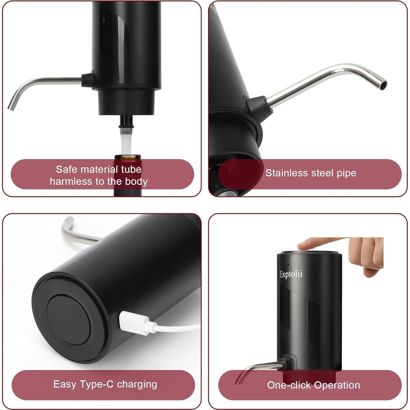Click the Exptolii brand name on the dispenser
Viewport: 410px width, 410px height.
click(291, 274)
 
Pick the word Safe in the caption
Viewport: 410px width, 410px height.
click(65, 169)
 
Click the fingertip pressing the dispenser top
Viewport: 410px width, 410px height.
click(302, 244)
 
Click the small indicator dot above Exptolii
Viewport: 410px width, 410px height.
click(288, 264)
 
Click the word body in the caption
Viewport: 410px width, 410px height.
click(136, 181)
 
